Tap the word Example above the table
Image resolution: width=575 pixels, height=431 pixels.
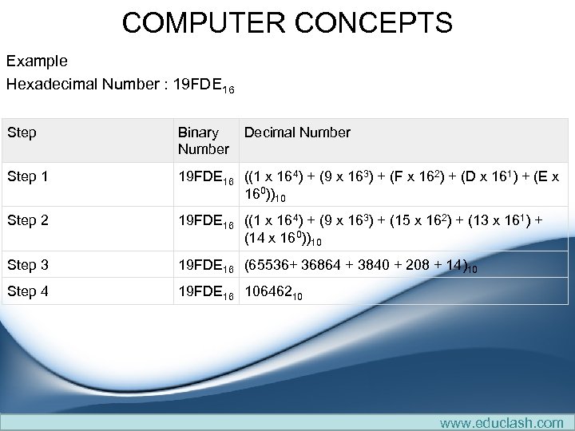coord(37,61)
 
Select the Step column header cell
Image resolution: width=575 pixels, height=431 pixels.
coord(22,132)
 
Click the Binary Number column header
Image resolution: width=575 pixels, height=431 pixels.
coord(203,140)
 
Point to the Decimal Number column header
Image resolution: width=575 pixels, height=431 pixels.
coord(297,132)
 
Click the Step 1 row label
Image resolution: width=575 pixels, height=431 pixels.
coord(27,176)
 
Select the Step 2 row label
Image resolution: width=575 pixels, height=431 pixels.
coord(27,220)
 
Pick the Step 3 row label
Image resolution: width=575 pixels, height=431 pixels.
coord(27,265)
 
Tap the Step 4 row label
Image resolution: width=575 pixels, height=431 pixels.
coord(27,291)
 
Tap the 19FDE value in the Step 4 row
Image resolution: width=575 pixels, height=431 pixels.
coord(203,291)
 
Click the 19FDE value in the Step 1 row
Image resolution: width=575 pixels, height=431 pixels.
coord(203,176)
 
